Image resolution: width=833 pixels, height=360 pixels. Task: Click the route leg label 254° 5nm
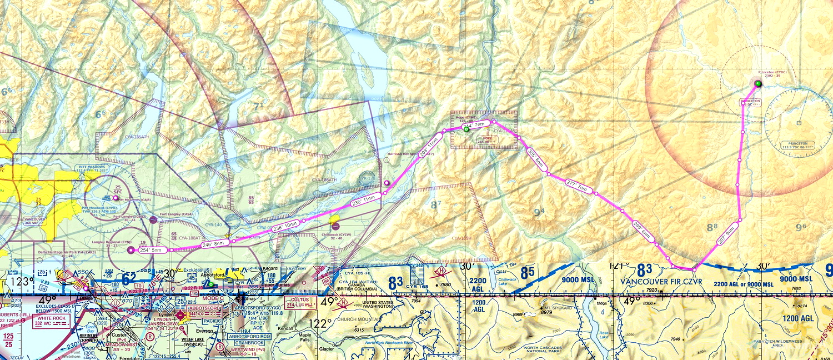[x=151, y=250]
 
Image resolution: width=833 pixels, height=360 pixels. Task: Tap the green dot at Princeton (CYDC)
[x=758, y=84]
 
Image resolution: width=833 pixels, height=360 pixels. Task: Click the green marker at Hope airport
[x=466, y=129]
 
